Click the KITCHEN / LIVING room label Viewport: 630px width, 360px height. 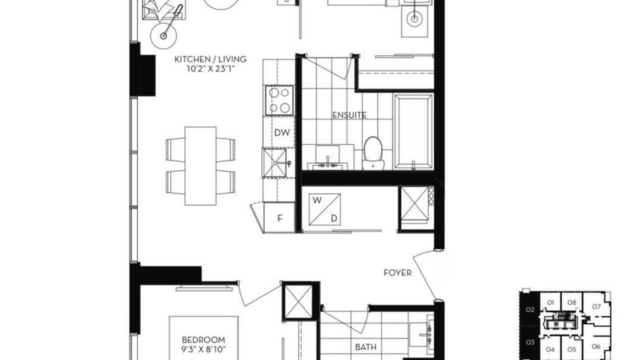[210, 59]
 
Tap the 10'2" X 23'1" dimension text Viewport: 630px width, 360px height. [210, 69]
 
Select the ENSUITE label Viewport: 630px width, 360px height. [349, 115]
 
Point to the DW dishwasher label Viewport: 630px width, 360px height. [282, 133]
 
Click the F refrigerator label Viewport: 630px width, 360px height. [280, 218]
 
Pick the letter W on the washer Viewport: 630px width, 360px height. [317, 200]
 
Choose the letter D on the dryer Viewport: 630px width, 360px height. [334, 219]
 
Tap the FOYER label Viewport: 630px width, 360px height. [397, 273]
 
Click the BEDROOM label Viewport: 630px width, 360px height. [203, 340]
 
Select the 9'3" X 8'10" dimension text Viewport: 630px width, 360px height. [203, 349]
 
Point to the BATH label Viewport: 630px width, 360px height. [366, 347]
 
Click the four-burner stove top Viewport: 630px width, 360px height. [279, 100]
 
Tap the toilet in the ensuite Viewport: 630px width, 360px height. [373, 153]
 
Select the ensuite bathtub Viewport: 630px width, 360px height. [413, 131]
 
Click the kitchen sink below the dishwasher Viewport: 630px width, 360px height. [275, 162]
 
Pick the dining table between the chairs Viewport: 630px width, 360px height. [200, 166]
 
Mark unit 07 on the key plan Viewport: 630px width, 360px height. [596, 307]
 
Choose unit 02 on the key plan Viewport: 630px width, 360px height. [530, 309]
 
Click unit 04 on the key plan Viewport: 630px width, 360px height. [550, 349]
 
